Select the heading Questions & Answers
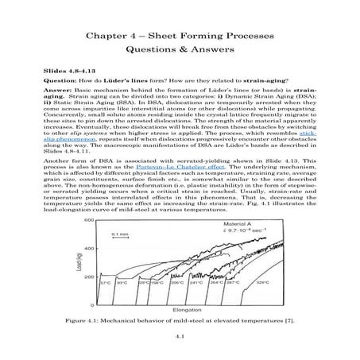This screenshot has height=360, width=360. [180, 53]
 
